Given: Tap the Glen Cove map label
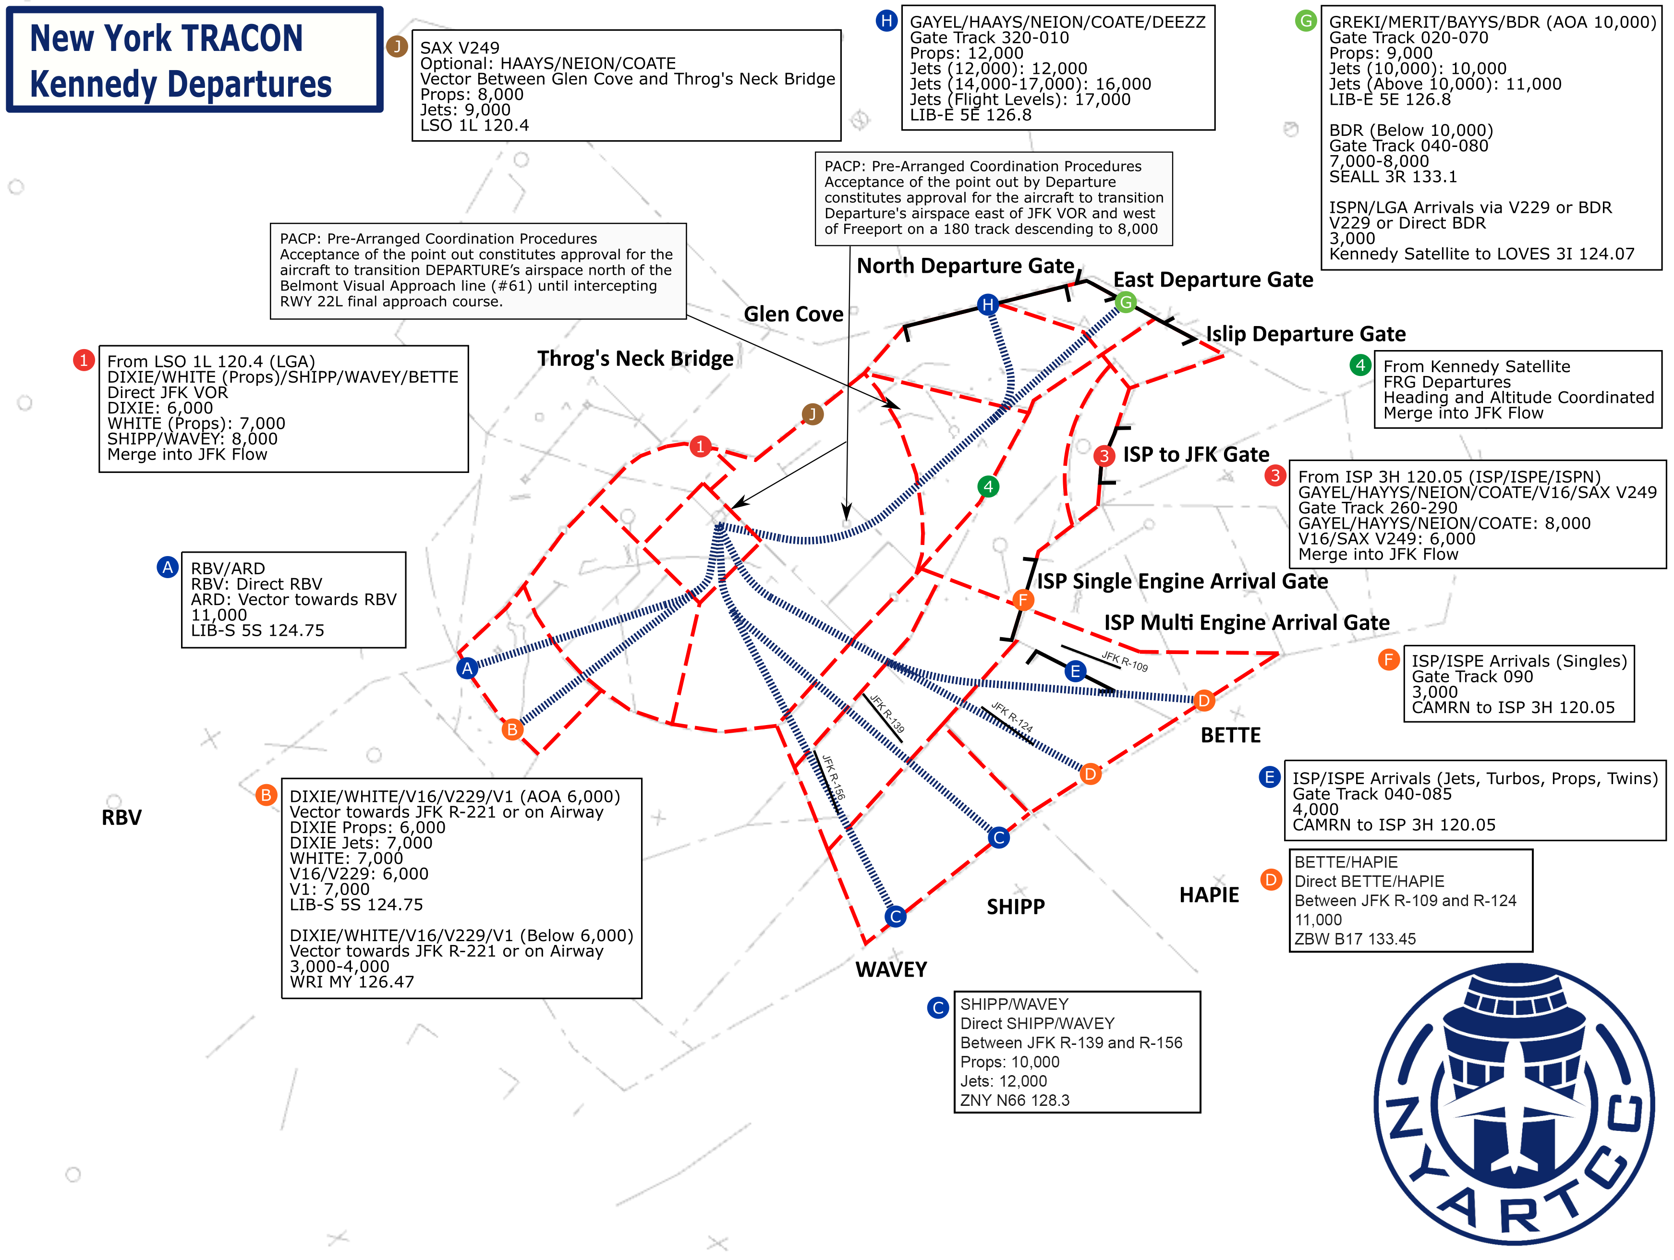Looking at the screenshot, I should pos(793,314).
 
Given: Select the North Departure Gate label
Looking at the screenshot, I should pos(965,267).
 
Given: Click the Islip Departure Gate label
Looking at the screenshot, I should pos(1306,334).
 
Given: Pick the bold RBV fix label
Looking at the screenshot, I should pos(121,817).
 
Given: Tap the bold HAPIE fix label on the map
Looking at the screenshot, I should pos(1209,895).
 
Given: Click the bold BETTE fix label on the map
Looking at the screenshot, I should pos(1230,736).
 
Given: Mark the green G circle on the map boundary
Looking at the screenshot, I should pos(1125,303).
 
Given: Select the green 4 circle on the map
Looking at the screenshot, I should pos(988,486).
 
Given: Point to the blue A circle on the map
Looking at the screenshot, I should pos(467,668).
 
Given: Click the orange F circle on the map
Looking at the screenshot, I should pos(1022,600).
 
